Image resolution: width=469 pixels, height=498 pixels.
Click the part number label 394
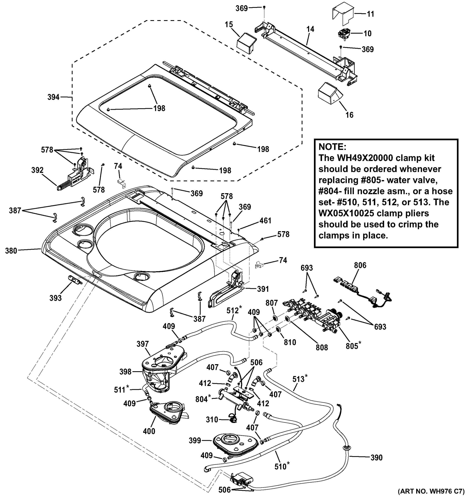(53, 97)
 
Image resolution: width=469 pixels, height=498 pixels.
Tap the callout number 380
(11, 250)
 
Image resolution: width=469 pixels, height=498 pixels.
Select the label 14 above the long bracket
(310, 29)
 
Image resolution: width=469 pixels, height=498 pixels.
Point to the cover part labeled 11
(343, 12)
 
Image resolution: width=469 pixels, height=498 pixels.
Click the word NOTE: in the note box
(332, 146)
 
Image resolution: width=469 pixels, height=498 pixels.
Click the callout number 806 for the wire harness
(360, 265)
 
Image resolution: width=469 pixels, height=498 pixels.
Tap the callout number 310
(212, 419)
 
